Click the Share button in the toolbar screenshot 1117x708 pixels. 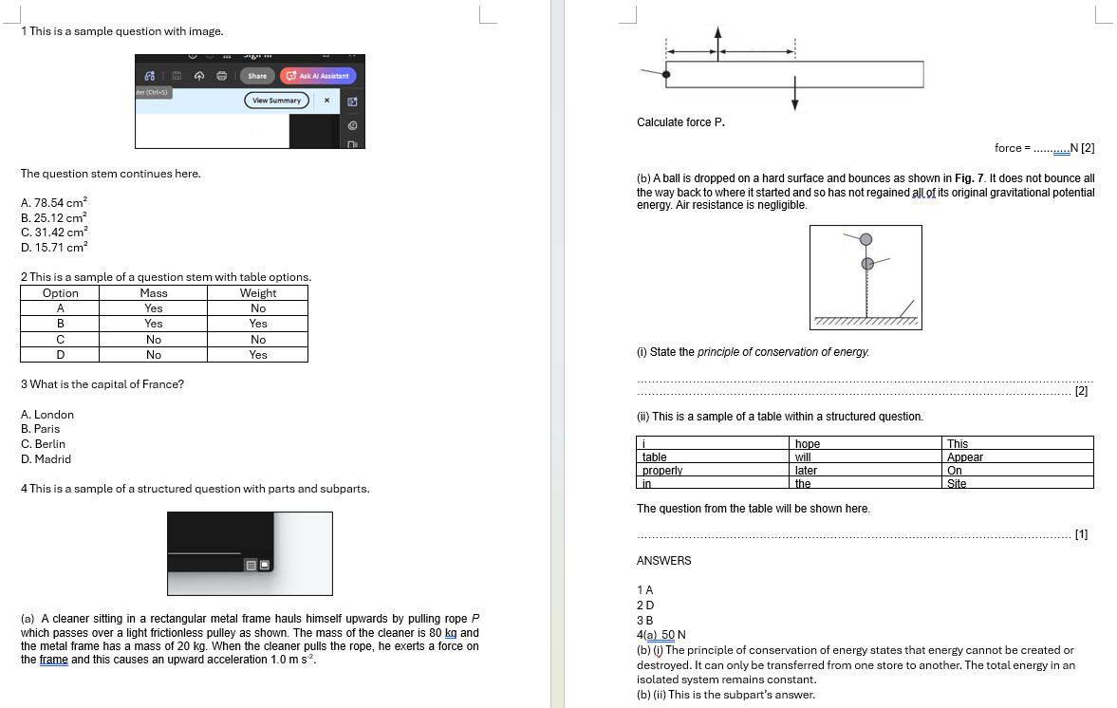pos(257,76)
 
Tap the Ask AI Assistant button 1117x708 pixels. pos(318,76)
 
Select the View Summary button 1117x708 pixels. pos(276,101)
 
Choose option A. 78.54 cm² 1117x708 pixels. pos(54,203)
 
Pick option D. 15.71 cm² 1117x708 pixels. pos(54,247)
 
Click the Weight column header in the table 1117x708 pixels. pos(258,293)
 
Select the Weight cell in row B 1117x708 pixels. pos(258,324)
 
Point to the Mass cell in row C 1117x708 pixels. pos(154,339)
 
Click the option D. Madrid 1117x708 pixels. pos(46,459)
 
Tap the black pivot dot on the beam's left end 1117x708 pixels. pos(666,74)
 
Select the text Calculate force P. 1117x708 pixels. pos(680,122)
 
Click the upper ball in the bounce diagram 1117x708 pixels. pos(866,238)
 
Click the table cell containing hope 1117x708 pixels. pos(808,444)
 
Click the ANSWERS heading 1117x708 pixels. pos(663,561)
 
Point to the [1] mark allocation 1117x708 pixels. pos(1081,535)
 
